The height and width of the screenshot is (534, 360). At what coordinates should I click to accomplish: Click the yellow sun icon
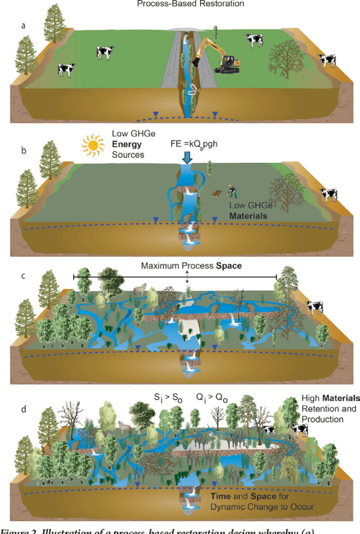(94, 145)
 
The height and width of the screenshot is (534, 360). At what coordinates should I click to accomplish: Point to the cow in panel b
(328, 195)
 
